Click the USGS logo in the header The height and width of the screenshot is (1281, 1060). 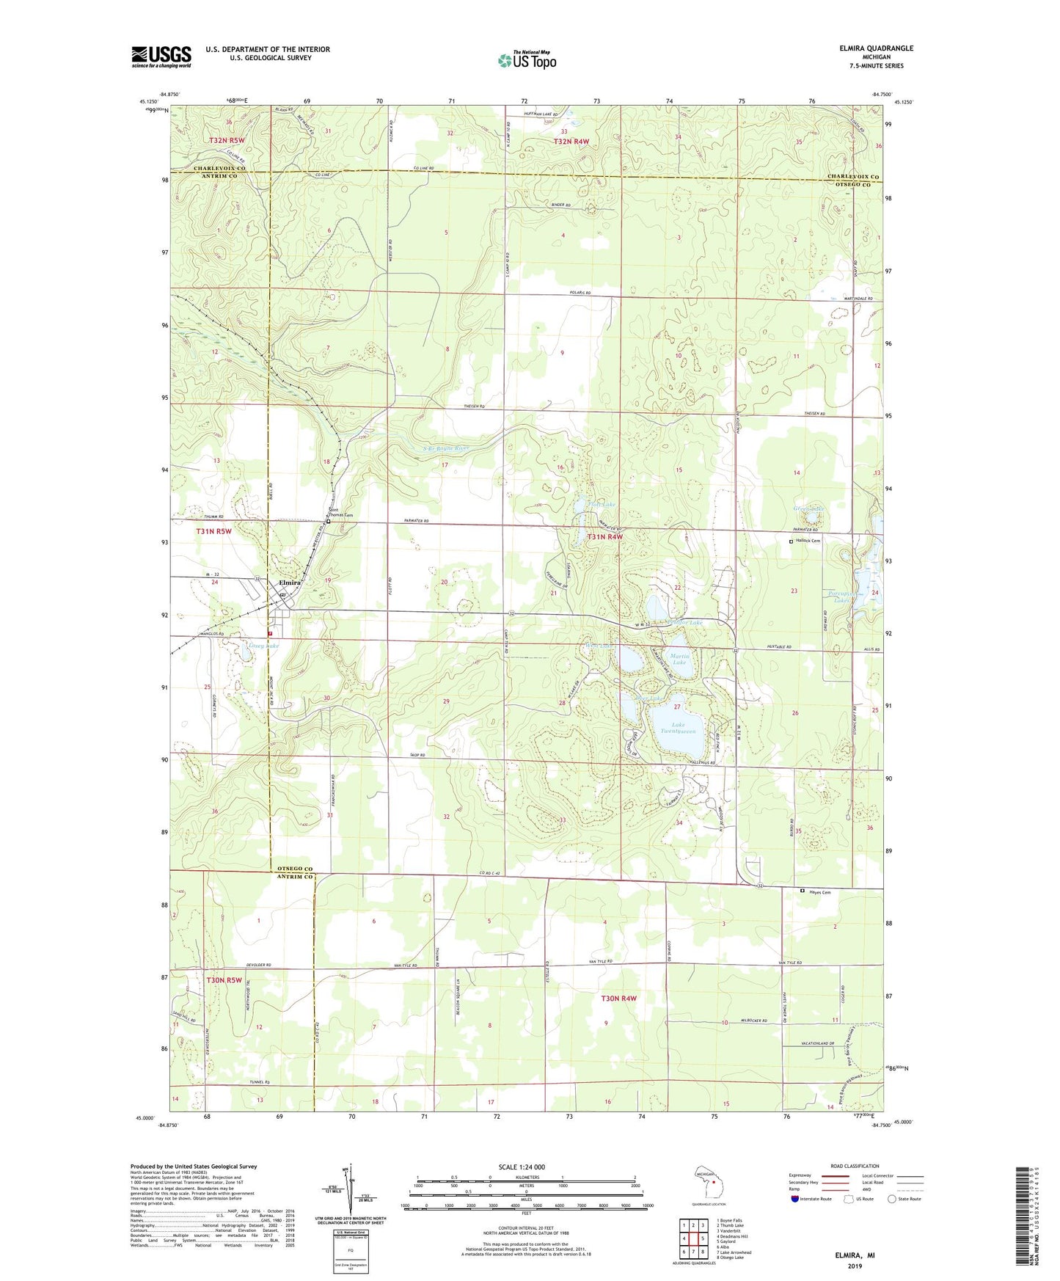coord(161,56)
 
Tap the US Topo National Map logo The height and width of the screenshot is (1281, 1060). coord(527,60)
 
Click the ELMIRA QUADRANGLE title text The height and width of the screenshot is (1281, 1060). coord(876,48)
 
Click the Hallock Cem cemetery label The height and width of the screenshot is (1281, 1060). coord(807,541)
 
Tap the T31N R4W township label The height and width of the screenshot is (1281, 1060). coord(604,537)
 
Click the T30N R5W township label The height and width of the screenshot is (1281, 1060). coord(224,979)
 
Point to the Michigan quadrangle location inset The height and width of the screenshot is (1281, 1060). coord(709,1183)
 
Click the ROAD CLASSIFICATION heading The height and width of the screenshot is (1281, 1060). coord(855,1166)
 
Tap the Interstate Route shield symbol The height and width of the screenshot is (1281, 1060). coord(796,1199)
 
